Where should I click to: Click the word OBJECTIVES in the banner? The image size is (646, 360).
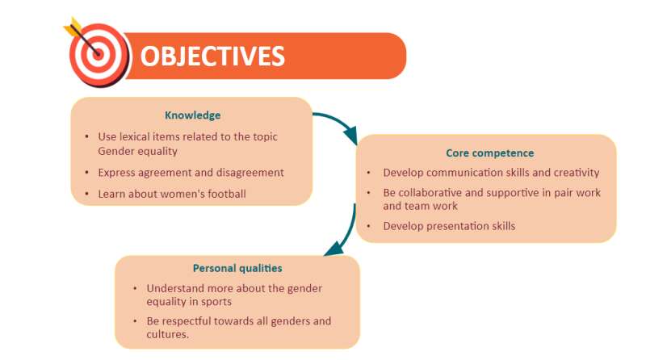[212, 56]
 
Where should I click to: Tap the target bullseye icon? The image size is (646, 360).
[97, 53]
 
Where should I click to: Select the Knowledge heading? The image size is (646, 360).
[192, 115]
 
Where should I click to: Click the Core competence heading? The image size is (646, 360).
[490, 153]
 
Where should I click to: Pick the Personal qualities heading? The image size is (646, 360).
[237, 269]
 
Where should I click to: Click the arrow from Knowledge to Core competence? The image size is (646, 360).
[338, 125]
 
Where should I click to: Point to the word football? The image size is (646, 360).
[227, 194]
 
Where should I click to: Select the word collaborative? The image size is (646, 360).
[430, 192]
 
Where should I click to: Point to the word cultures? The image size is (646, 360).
[167, 334]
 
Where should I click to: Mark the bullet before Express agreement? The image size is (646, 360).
[87, 172]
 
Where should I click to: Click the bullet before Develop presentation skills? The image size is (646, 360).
[369, 226]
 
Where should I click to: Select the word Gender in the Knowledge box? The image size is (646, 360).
[114, 151]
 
